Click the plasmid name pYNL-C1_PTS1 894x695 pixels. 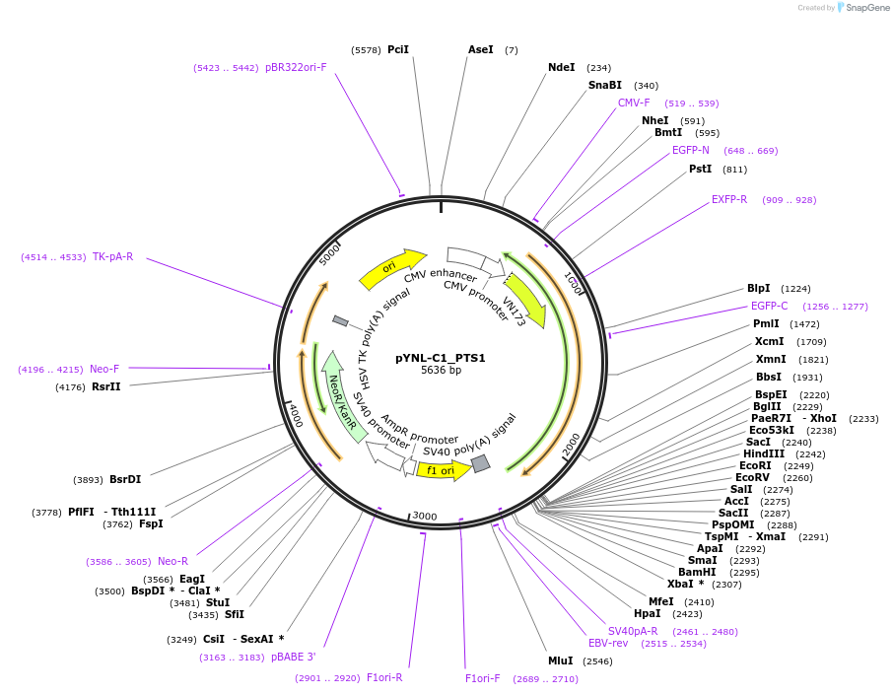pyautogui.click(x=441, y=358)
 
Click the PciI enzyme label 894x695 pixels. pyautogui.click(x=398, y=49)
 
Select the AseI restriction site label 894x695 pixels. pyautogui.click(x=481, y=49)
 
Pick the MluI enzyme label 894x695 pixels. pyautogui.click(x=561, y=660)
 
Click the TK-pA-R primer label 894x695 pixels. pyautogui.click(x=113, y=256)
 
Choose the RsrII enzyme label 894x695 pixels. pyautogui.click(x=105, y=386)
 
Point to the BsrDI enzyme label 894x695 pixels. pyautogui.click(x=125, y=480)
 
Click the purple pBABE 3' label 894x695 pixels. pyautogui.click(x=294, y=657)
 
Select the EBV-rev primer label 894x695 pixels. pyautogui.click(x=608, y=643)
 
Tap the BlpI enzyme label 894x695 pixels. pyautogui.click(x=759, y=289)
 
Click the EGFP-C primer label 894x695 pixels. pyautogui.click(x=770, y=306)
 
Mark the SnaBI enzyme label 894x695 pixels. pyautogui.click(x=605, y=86)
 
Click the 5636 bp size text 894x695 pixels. pyautogui.click(x=441, y=371)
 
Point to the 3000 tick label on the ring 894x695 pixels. pyautogui.click(x=425, y=516)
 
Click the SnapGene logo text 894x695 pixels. pyautogui.click(x=865, y=8)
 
